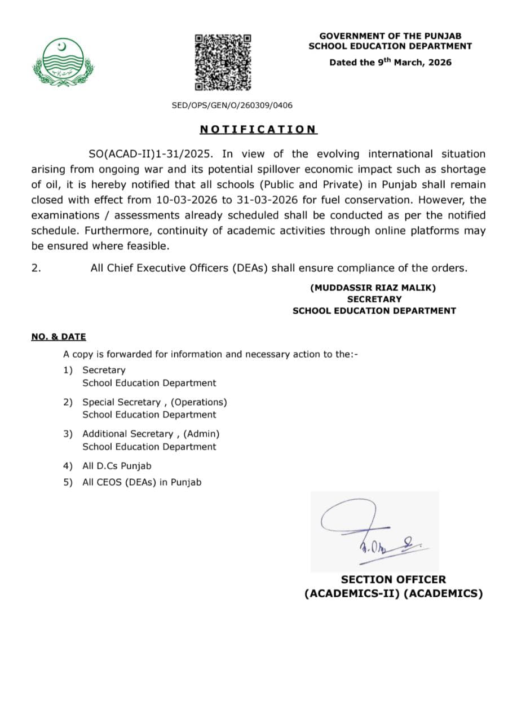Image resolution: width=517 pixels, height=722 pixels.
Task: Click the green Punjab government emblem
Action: click(x=63, y=62)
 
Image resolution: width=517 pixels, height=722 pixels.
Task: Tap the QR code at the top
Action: click(x=223, y=62)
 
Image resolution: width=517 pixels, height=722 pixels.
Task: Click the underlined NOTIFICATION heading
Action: click(x=258, y=130)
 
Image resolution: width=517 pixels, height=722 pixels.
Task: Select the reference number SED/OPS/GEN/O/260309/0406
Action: click(x=232, y=105)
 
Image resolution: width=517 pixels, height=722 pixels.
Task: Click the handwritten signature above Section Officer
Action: click(x=369, y=530)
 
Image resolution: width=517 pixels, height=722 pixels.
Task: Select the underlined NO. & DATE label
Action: click(x=59, y=337)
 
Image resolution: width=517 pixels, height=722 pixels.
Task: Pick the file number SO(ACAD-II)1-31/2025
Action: click(x=152, y=154)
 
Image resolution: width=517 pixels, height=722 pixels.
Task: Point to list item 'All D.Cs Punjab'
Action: click(x=117, y=466)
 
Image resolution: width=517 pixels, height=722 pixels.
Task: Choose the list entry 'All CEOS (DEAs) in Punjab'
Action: click(x=142, y=482)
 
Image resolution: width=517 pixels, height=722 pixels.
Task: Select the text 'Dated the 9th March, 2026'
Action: click(x=391, y=62)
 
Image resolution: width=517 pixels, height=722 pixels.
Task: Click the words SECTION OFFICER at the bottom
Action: click(x=393, y=579)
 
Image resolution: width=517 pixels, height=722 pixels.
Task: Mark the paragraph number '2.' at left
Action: click(x=36, y=268)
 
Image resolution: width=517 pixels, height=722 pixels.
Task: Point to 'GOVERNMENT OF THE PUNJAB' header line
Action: click(x=390, y=36)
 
